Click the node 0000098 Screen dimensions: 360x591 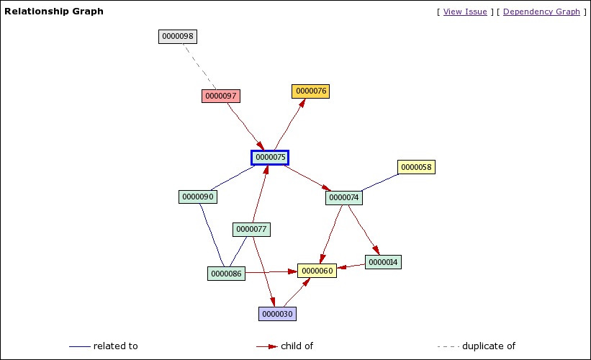[x=177, y=36]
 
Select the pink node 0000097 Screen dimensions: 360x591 [x=220, y=96]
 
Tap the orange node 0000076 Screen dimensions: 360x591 [x=311, y=91]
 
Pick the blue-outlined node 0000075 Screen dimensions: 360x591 [x=270, y=157]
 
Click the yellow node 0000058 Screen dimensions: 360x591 [x=416, y=167]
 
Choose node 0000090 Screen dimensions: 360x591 [x=197, y=197]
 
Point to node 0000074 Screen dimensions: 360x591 [x=344, y=197]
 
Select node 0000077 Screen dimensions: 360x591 [x=251, y=229]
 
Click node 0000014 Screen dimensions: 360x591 [x=383, y=262]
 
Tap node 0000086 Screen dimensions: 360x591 [x=226, y=274]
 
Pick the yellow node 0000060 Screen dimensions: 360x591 [x=317, y=271]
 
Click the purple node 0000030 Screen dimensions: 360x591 [x=277, y=314]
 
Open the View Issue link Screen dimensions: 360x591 [x=465, y=12]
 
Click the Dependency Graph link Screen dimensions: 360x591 [x=541, y=12]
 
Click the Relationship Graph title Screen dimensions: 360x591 [x=54, y=12]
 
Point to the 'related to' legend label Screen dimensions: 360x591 [x=115, y=346]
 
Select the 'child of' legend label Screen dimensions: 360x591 [x=297, y=346]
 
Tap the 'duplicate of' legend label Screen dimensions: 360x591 [x=488, y=346]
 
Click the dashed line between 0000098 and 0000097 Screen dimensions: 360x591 [x=199, y=67]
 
